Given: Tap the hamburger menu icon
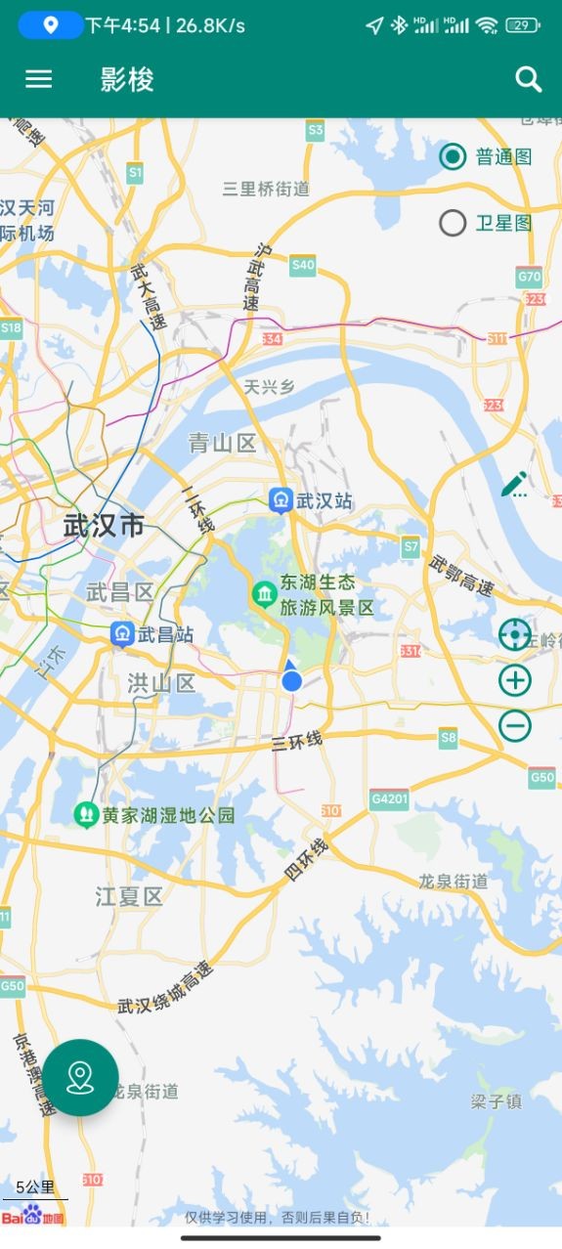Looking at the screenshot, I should (x=38, y=79).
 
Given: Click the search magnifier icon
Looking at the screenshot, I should (x=529, y=79).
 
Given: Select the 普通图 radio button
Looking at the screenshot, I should (x=453, y=156).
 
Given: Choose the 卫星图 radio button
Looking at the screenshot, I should (x=453, y=224).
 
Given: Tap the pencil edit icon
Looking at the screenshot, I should (x=514, y=484).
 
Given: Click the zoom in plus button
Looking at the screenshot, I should (x=515, y=680).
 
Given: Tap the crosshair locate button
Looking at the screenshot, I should (x=515, y=635).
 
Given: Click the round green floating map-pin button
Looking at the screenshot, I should (x=80, y=1077).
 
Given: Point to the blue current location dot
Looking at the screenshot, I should (x=291, y=681).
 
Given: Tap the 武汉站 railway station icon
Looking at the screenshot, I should (x=281, y=501).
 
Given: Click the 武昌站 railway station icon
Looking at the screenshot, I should (x=122, y=634).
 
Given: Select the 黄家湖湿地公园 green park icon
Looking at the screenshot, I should (x=86, y=814).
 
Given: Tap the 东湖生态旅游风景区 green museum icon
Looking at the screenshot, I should (x=264, y=593).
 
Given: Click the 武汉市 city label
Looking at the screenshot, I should (x=104, y=526).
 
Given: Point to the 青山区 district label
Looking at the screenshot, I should (x=222, y=444).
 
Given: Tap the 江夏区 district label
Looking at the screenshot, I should (x=129, y=895).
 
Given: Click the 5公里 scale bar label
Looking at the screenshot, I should (x=35, y=1187).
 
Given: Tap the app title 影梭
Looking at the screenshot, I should (x=127, y=79).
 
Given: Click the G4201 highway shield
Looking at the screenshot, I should (x=389, y=799).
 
